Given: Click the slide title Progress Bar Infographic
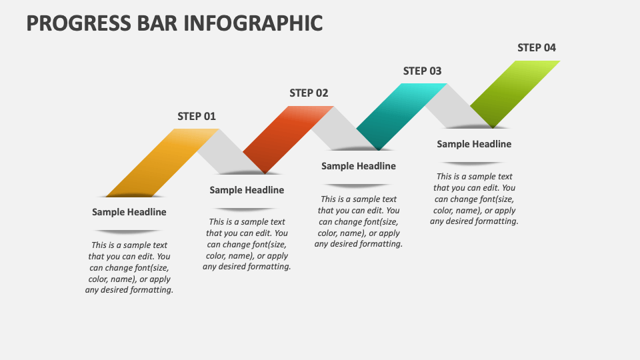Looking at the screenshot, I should tap(175, 23).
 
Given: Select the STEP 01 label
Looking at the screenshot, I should tap(197, 116).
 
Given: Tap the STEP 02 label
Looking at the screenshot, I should tap(309, 93).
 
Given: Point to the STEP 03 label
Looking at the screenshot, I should tap(423, 71).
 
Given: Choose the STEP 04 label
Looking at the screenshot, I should tap(537, 47).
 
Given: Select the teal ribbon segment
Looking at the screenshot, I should tap(401, 116).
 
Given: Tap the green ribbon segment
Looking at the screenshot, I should tap(515, 93).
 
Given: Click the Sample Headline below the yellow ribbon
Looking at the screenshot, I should tap(129, 212).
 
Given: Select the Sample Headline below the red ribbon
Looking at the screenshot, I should tap(247, 190).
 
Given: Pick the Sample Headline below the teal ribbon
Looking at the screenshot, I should tap(359, 166).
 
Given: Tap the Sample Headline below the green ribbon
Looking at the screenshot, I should tap(474, 144).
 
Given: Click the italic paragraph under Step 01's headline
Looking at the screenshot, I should tap(129, 267).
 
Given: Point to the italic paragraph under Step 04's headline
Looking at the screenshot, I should tap(474, 199).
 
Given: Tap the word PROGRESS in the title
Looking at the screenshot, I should tap(69, 23).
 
